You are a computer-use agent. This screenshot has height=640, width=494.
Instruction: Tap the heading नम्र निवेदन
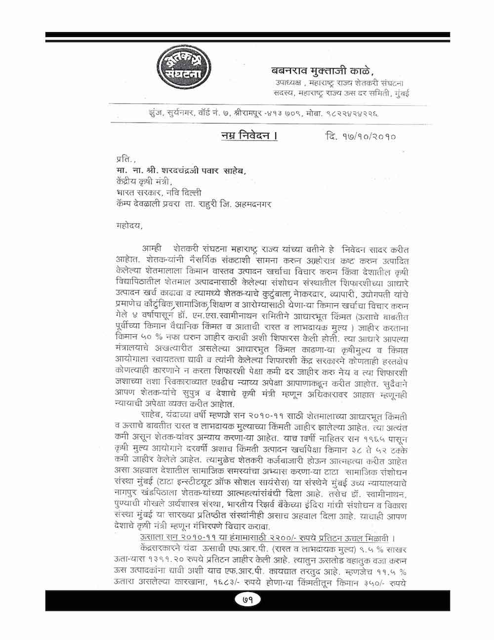pyautogui.click(x=249, y=134)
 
